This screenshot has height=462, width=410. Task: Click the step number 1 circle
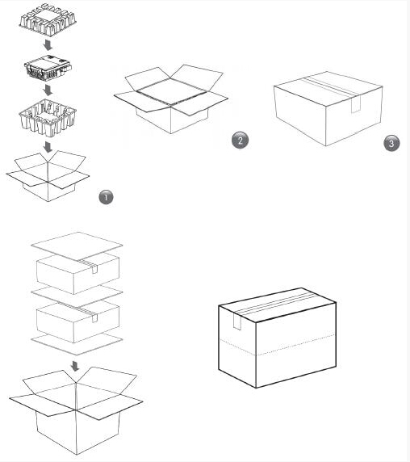pos(106,197)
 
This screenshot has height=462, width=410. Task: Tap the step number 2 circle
pos(240,140)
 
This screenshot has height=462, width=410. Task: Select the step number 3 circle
pos(391,143)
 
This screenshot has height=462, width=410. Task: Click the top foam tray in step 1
pos(48,19)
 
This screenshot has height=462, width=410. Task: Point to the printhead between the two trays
pos(48,67)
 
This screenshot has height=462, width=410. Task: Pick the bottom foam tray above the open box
pos(48,118)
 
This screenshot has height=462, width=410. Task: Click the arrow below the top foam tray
pos(48,45)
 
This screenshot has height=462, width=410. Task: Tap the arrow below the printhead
pos(48,90)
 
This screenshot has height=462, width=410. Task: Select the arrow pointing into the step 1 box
pos(48,147)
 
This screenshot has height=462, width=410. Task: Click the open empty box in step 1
pos(48,176)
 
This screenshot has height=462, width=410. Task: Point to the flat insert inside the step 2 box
pos(172,91)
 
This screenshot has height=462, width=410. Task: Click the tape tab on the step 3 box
pos(356,105)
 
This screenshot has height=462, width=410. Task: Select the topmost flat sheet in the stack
pos(77,246)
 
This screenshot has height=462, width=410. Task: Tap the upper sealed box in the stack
pos(77,274)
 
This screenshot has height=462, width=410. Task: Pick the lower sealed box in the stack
pos(77,322)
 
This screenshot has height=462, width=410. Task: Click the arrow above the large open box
pos(75,366)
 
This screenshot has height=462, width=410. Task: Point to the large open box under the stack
pos(76,411)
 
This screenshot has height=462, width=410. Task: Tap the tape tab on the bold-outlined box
pos(237,321)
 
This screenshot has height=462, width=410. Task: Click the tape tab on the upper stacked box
pos(94,269)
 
